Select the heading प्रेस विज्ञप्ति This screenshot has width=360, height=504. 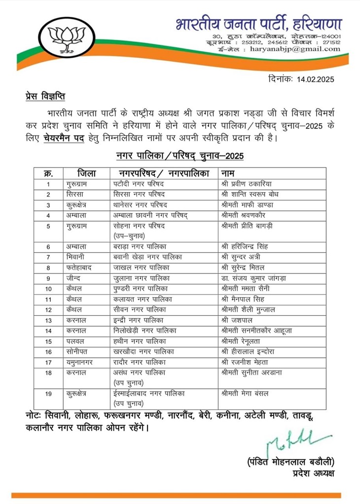[x=46, y=95]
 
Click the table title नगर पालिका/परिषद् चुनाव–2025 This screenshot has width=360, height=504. [x=180, y=156]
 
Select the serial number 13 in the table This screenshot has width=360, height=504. [x=48, y=320]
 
